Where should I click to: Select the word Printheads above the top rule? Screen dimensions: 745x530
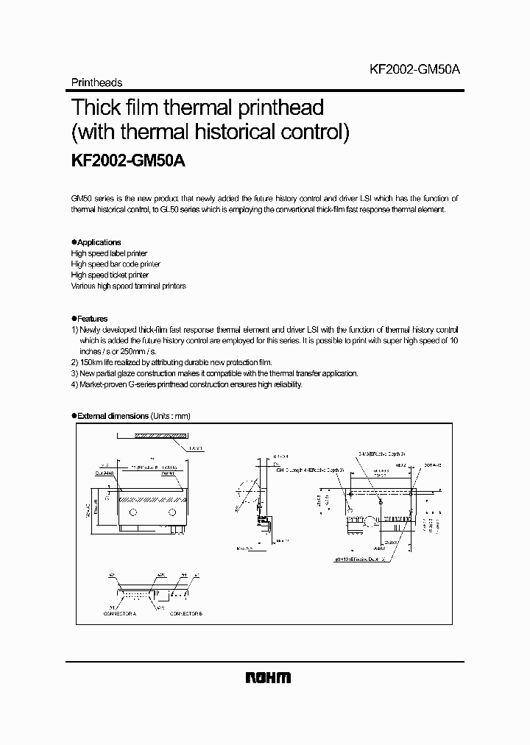96,83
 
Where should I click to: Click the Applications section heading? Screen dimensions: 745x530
99,242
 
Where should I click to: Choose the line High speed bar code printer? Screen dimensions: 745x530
116,264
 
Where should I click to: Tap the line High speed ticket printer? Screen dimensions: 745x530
110,275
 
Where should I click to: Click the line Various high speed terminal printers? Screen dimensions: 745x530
128,286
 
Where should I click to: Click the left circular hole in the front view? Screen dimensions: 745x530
133,512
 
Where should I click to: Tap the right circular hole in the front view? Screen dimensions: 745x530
172,512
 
